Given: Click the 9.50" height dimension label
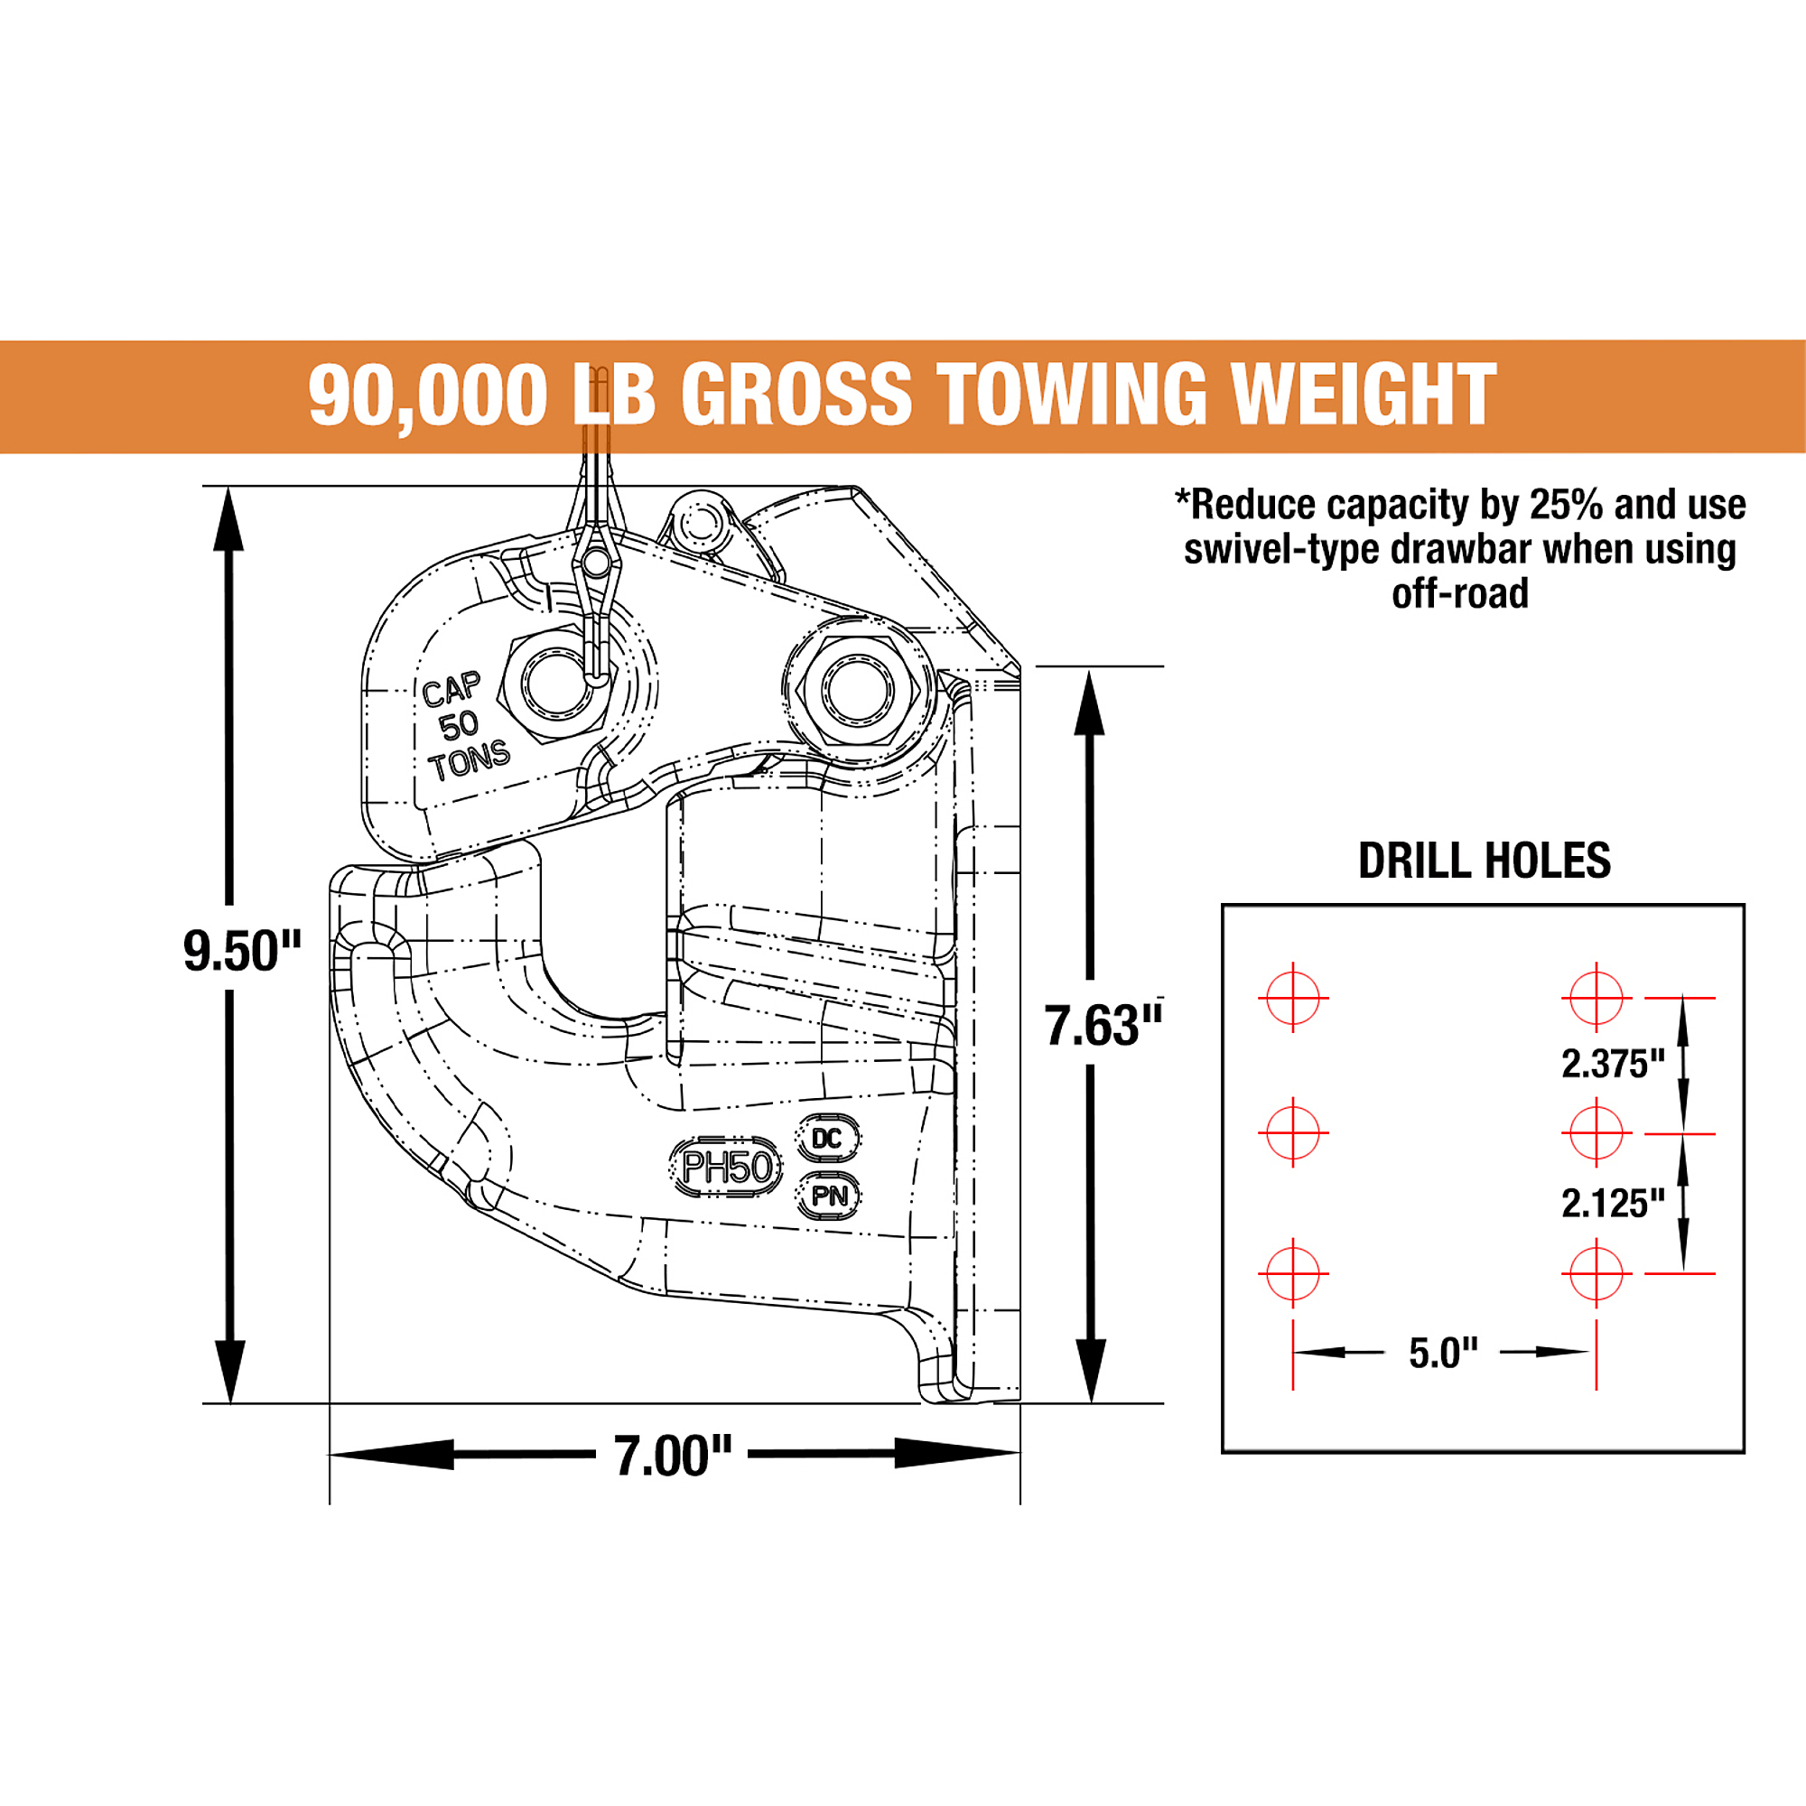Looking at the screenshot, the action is click(242, 952).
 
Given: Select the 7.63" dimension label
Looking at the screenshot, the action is click(1104, 1026).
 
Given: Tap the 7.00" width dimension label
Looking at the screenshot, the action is click(673, 1457).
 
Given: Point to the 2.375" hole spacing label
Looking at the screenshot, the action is click(1614, 1064).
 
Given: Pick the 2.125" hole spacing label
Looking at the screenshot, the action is click(1614, 1204).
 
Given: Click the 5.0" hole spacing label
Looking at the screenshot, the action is click(1443, 1354).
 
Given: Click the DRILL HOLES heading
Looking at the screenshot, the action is click(1485, 861).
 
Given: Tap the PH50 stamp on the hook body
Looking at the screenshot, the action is click(726, 1168).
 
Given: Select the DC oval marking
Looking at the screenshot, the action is click(827, 1139).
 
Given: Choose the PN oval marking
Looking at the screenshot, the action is click(828, 1196).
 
